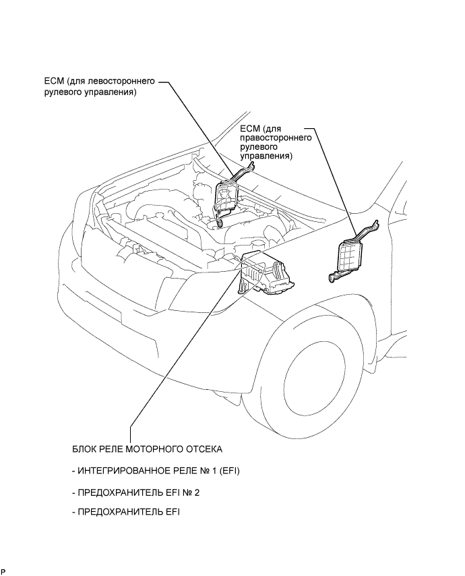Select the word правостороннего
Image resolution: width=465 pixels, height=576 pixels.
[276, 138]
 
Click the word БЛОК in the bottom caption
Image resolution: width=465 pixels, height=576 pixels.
[84, 449]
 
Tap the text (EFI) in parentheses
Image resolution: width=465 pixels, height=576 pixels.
[229, 471]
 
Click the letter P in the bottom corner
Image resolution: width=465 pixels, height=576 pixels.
[3, 571]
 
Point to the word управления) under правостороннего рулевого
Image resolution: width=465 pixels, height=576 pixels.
[266, 156]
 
